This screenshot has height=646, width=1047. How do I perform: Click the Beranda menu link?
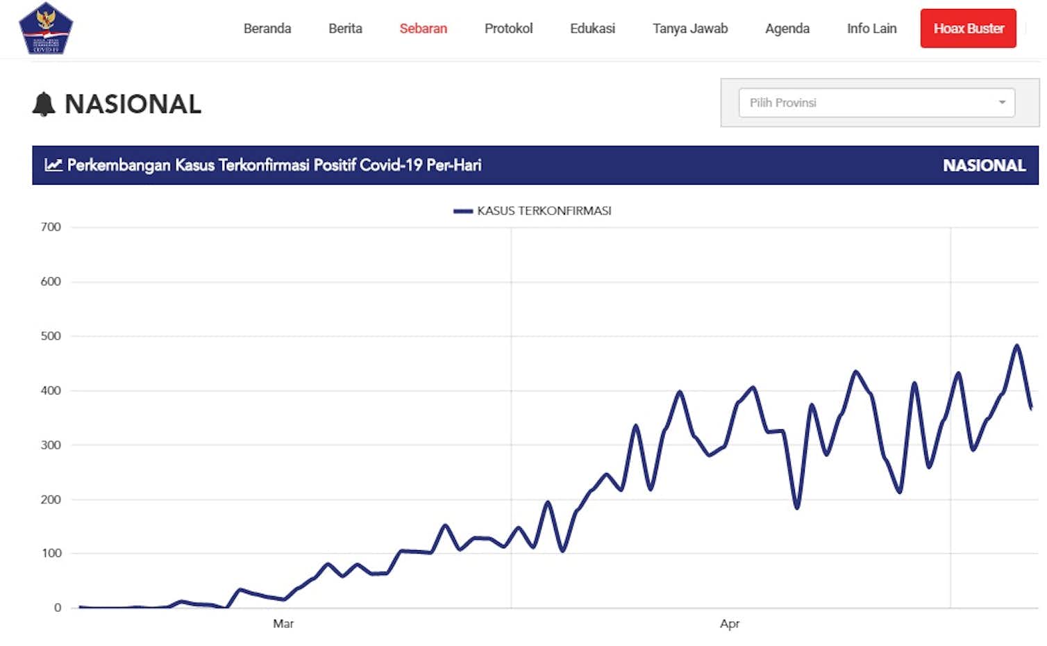click(x=267, y=28)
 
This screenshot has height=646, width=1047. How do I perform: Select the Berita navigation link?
click(x=345, y=28)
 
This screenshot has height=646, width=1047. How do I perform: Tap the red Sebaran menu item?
click(x=423, y=28)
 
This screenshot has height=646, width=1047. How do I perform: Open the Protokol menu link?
click(x=508, y=28)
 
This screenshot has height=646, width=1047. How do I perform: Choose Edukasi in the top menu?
click(x=592, y=28)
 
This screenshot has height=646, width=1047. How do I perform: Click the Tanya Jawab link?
click(x=690, y=28)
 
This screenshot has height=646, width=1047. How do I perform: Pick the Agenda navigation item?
click(x=787, y=28)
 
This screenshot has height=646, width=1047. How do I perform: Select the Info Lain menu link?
click(x=871, y=28)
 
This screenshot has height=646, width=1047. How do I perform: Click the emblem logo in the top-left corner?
click(x=46, y=28)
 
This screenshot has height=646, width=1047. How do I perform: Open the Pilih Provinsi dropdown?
click(x=876, y=103)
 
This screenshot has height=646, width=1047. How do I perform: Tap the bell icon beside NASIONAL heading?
click(x=44, y=104)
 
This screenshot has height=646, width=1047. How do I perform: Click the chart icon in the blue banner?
click(x=53, y=165)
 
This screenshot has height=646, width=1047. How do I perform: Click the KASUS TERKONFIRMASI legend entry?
click(x=533, y=211)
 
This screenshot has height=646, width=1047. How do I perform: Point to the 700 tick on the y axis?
click(x=51, y=227)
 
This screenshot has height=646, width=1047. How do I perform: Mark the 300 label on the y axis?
click(x=51, y=445)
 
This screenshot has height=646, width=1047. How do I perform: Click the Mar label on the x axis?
click(x=283, y=624)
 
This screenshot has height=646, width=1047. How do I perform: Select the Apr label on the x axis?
click(x=729, y=624)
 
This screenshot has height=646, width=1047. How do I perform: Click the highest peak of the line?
click(x=1016, y=346)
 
